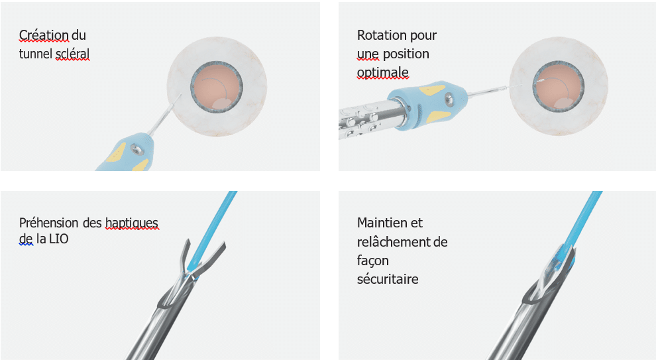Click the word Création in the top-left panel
tap(44, 35)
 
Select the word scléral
tap(72, 54)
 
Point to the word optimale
tap(383, 72)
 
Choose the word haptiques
tap(132, 223)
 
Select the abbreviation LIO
tap(58, 239)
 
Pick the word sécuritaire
tap(388, 279)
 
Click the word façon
tap(373, 261)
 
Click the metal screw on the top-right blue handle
tap(449, 99)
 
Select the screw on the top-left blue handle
tap(135, 148)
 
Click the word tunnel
tap(35, 54)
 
